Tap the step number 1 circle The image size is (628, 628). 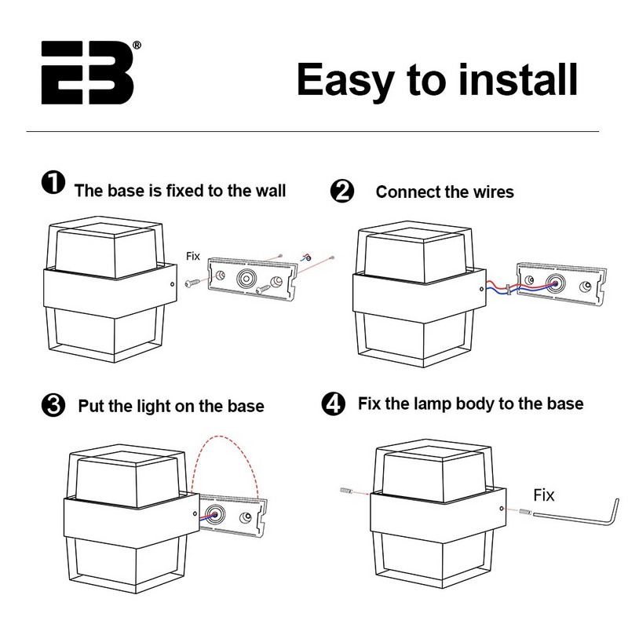pos(52,184)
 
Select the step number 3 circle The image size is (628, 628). pos(52,406)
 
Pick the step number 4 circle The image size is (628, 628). pos(334,404)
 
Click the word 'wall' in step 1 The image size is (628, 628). pos(268,190)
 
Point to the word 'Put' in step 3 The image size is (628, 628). pos(91,407)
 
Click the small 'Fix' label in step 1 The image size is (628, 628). pos(193,256)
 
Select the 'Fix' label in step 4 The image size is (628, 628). pos(544,495)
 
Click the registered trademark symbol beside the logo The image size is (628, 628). pos(137,46)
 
